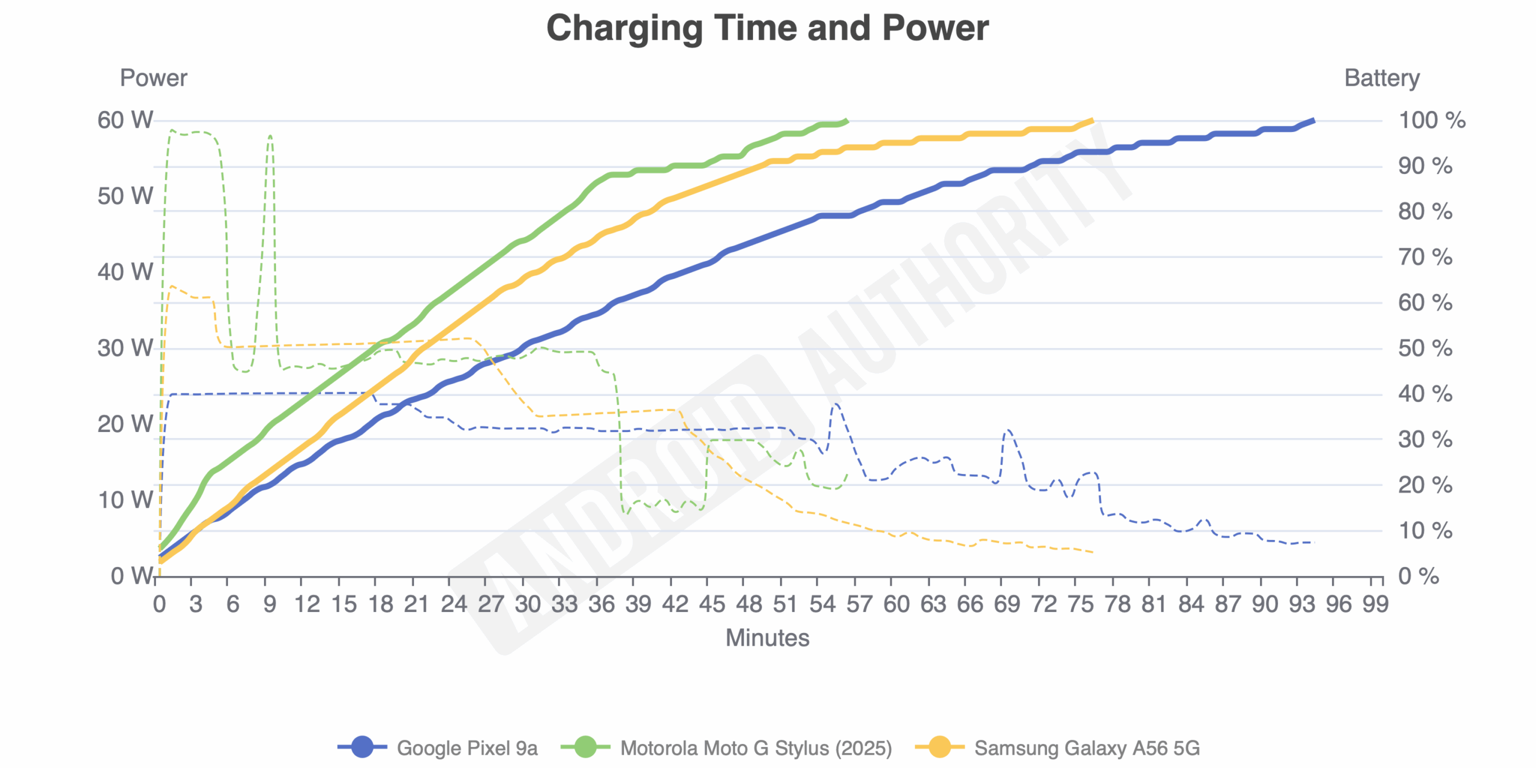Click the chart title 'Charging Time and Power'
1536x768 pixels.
(767, 28)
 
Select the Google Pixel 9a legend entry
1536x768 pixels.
(438, 748)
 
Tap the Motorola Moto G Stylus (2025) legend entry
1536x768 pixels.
(727, 748)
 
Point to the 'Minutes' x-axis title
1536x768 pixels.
(767, 638)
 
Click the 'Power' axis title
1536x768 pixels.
(154, 78)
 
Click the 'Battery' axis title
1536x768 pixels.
(1382, 78)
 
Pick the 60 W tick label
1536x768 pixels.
(125, 120)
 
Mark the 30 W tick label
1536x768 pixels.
(125, 348)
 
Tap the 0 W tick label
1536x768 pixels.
(132, 576)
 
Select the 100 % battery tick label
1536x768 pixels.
(1432, 120)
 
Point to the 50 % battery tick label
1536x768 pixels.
(1425, 348)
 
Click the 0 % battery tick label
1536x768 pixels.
(1418, 576)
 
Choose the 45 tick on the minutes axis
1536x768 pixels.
(712, 604)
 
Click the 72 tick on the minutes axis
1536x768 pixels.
(1043, 604)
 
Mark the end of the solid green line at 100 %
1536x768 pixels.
(847, 121)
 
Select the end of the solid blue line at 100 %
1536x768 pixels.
(1314, 121)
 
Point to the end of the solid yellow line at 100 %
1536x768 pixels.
(1092, 121)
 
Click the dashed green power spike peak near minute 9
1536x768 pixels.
(270, 136)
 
